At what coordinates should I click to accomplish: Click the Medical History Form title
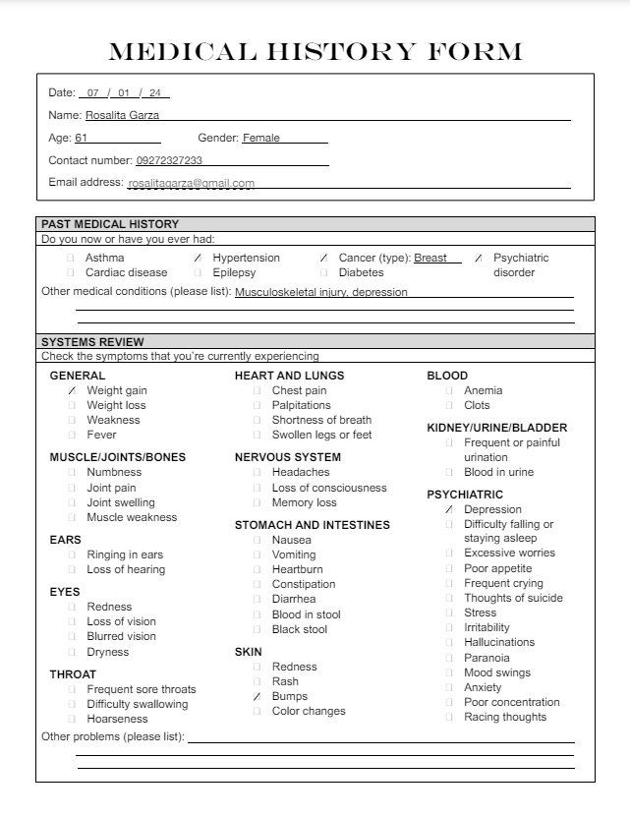pos(315,51)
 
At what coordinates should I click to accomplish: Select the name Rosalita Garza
pos(122,115)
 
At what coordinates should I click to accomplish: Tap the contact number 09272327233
pos(169,160)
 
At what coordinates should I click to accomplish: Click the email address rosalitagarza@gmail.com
pos(191,183)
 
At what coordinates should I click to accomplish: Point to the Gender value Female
pos(261,138)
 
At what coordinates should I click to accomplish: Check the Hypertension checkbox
pos(198,258)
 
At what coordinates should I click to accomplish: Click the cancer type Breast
pos(430,258)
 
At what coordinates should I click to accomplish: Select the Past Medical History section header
pos(110,224)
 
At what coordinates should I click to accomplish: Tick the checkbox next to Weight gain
pos(72,390)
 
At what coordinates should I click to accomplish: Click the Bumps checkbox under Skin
pos(257,696)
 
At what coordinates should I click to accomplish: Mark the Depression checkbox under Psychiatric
pos(449,509)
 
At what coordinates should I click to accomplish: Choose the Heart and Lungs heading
pos(289,376)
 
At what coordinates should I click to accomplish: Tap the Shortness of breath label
pos(321,420)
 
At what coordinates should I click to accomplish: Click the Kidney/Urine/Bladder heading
pos(496,428)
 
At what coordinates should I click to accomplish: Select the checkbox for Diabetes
pos(323,272)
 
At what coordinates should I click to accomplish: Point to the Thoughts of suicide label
pos(513,598)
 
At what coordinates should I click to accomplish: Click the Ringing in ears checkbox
pos(72,554)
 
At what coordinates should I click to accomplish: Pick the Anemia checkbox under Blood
pos(449,390)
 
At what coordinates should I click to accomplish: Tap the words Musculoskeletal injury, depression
pos(321,292)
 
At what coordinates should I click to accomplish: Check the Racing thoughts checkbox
pos(449,717)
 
